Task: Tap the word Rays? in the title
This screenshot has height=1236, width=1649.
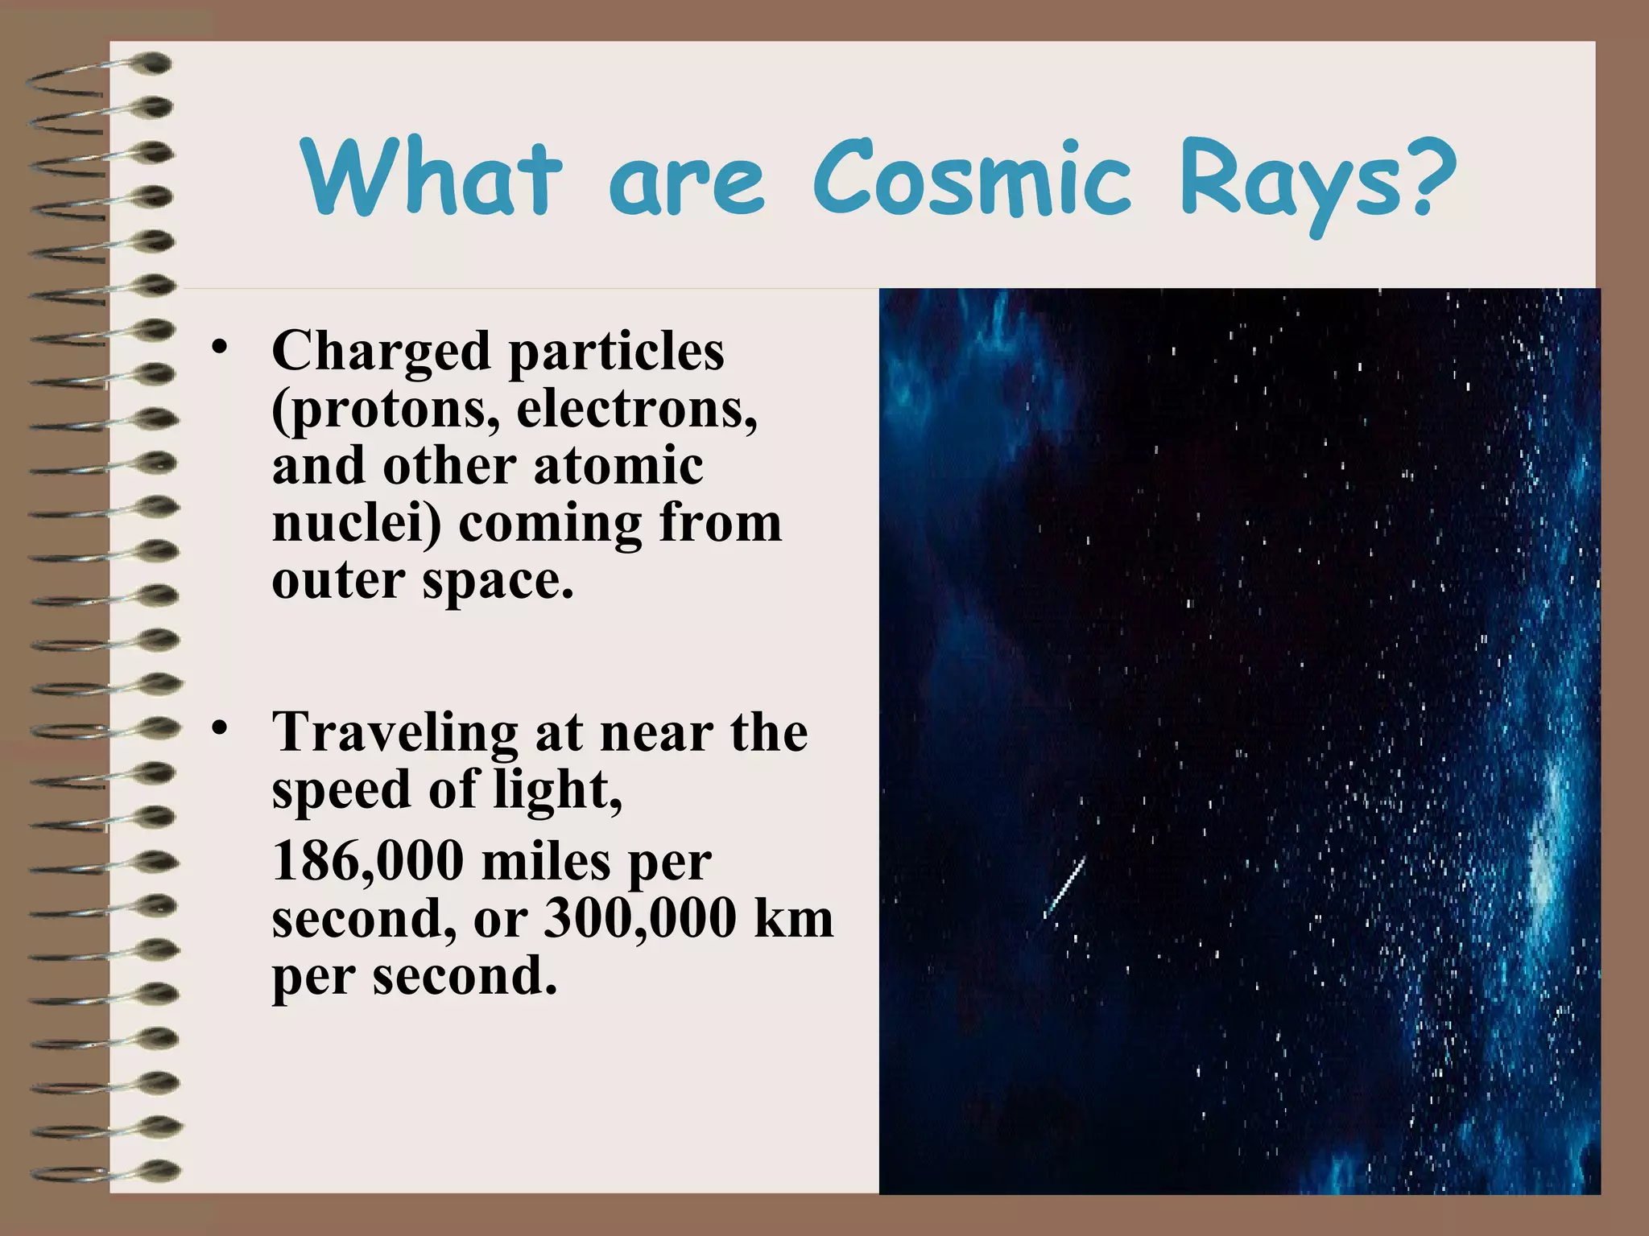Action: [1318, 183]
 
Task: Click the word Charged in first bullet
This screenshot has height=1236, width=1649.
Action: [381, 352]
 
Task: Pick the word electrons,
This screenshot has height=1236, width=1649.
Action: [637, 408]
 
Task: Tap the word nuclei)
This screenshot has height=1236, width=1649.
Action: [357, 523]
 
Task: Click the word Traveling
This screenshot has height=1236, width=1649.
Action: [395, 733]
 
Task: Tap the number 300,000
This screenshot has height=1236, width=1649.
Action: [640, 918]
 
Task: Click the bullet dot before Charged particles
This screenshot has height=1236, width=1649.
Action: [218, 348]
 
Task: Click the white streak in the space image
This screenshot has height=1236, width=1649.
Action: [1064, 887]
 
